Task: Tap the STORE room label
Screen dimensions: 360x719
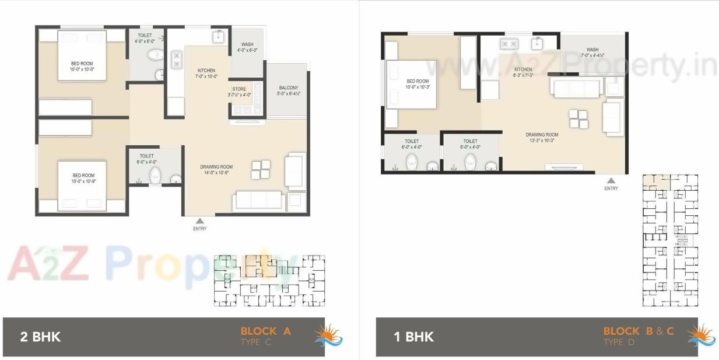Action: (x=239, y=89)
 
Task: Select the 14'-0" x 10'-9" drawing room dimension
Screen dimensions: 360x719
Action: (x=216, y=173)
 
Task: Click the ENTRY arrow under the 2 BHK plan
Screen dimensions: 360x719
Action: (x=199, y=221)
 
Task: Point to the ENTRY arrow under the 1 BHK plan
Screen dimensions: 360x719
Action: (x=611, y=181)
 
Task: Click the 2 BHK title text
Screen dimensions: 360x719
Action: (x=40, y=337)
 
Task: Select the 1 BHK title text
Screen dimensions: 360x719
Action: (x=413, y=337)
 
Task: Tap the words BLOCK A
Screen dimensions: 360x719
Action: (x=265, y=331)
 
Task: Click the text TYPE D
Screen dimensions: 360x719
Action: (x=622, y=342)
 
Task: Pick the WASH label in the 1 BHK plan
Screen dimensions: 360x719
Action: (x=592, y=50)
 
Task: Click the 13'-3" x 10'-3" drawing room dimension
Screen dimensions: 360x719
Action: (x=542, y=141)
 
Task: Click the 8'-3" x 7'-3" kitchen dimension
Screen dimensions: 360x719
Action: (x=523, y=75)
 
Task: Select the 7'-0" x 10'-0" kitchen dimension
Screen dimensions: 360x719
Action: (x=206, y=76)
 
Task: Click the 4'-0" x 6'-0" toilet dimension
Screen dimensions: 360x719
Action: (x=145, y=41)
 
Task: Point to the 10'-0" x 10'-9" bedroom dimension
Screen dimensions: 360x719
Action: (x=83, y=181)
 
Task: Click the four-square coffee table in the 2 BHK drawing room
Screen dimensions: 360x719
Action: (x=261, y=169)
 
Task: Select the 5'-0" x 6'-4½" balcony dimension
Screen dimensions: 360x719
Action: (x=288, y=94)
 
